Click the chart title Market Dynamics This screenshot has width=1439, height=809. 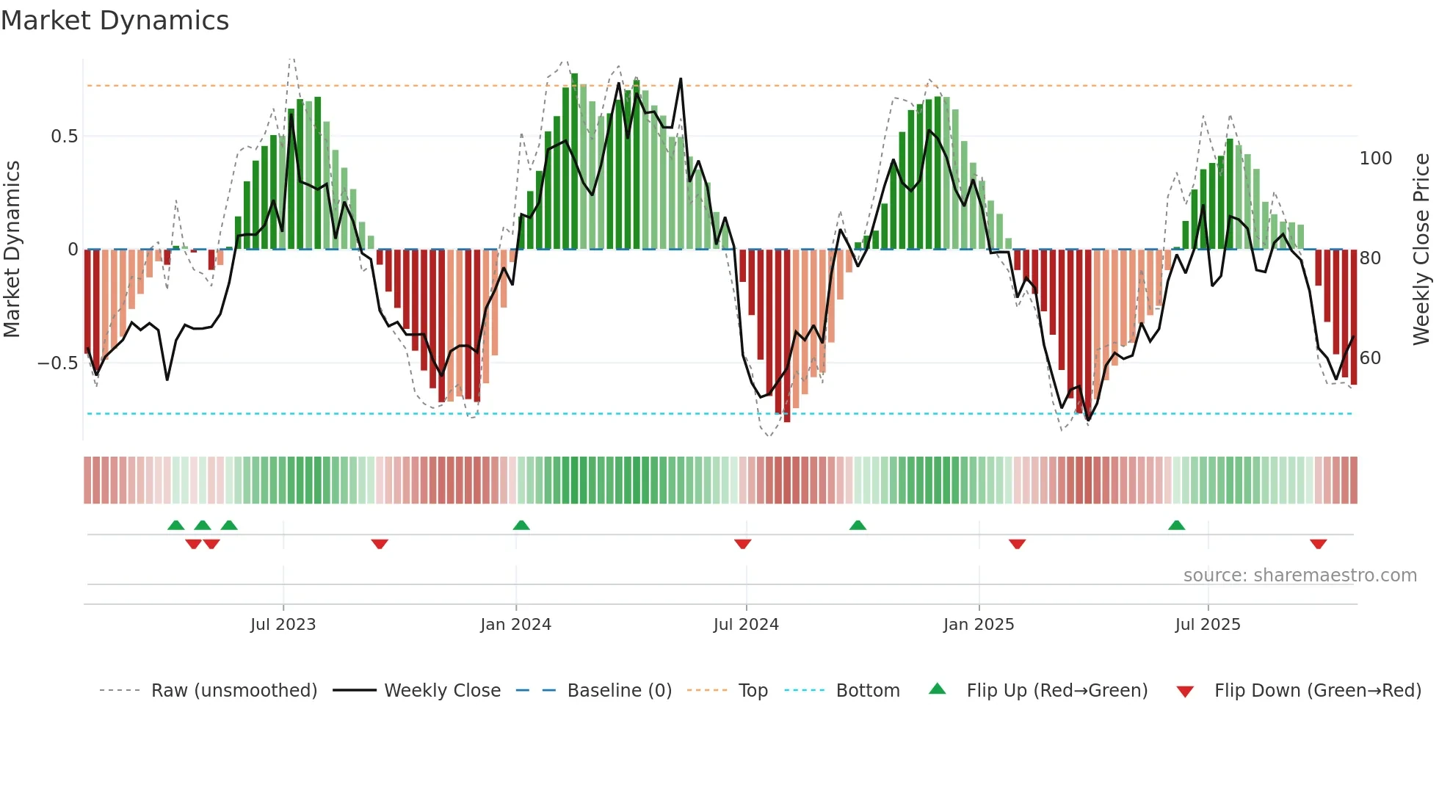[115, 21]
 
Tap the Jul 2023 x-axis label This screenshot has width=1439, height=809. [283, 625]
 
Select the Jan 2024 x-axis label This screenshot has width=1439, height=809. [515, 625]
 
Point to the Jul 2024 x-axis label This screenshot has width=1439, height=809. [746, 625]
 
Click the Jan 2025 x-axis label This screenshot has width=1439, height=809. [979, 625]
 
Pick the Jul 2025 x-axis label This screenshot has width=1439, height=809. [1208, 625]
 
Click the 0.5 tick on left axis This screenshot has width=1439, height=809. [64, 137]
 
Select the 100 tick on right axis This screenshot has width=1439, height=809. [1375, 159]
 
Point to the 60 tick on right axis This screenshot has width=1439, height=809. [1370, 358]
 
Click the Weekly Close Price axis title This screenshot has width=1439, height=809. [1421, 250]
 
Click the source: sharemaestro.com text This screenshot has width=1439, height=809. [1300, 576]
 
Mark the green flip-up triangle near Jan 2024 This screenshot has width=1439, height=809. [521, 526]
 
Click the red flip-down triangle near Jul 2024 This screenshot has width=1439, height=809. [742, 544]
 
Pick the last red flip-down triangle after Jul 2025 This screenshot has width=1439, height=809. [1318, 544]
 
